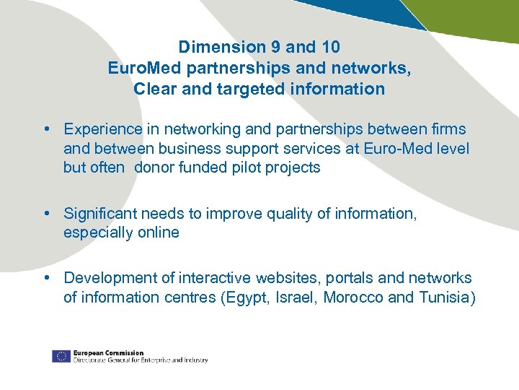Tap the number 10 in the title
tap(330, 47)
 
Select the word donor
tap(154, 168)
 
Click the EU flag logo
tap(61, 356)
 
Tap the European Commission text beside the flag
tap(108, 353)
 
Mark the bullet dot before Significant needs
tap(45, 214)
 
